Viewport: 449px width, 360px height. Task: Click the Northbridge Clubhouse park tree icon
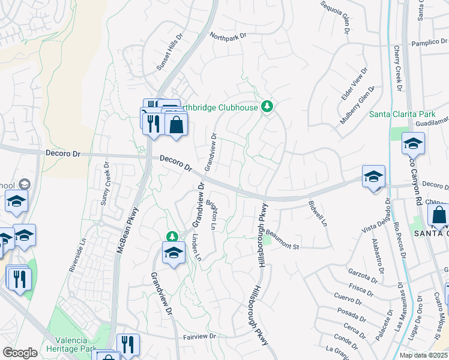click(268, 107)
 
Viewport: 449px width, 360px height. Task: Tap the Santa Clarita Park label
click(401, 113)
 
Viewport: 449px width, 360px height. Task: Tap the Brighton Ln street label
click(211, 215)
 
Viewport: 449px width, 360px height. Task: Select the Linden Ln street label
click(196, 249)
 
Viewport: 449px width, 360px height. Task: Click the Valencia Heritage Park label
click(73, 344)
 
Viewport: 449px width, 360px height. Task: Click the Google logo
click(20, 353)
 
